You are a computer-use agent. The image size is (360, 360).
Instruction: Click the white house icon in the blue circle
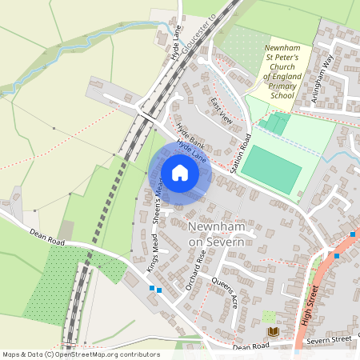click(x=180, y=174)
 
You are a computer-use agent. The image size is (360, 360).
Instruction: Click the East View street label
click(x=221, y=110)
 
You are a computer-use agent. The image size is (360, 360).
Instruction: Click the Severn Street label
click(x=330, y=339)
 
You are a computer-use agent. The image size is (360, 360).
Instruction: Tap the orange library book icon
click(x=273, y=331)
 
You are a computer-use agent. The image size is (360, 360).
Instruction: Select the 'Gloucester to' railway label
click(x=199, y=31)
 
